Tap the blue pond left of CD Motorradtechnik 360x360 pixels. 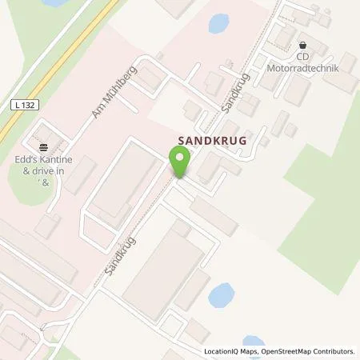click(x=218, y=23)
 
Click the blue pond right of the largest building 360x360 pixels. click(x=220, y=296)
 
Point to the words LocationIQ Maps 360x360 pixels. click(x=230, y=351)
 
